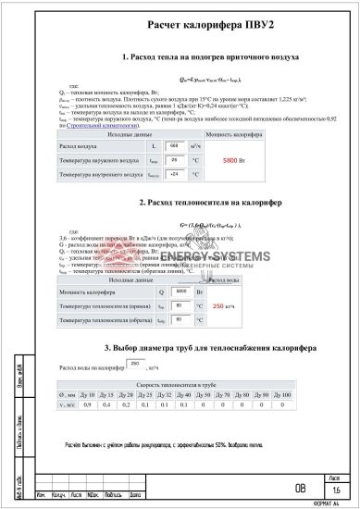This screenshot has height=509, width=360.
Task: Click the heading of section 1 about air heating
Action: (x=210, y=57)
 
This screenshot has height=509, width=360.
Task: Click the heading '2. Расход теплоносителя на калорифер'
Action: (x=210, y=202)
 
